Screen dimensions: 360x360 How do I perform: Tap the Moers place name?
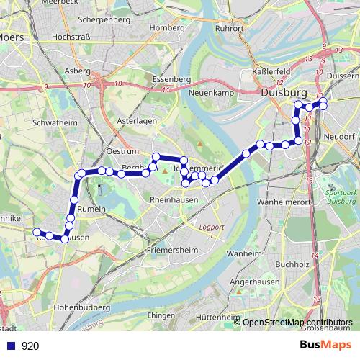(x=12, y=37)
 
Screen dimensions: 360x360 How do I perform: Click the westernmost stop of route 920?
(x=36, y=231)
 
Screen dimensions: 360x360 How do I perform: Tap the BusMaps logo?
(x=325, y=345)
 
